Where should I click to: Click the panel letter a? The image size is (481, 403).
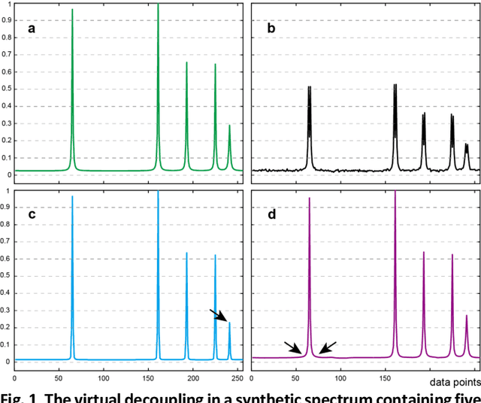(x=32, y=29)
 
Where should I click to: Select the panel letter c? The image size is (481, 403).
(x=32, y=215)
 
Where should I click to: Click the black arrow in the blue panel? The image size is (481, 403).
(x=218, y=315)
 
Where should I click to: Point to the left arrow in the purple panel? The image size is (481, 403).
(x=293, y=347)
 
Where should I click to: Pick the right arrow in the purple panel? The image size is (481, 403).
(x=326, y=347)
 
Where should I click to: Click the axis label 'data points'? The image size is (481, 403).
(x=455, y=383)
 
